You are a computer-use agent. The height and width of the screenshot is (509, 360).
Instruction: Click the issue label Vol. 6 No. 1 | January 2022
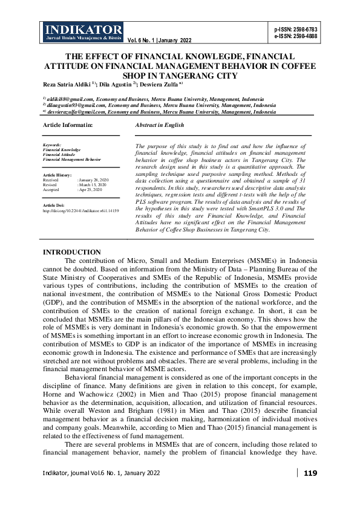(160, 41)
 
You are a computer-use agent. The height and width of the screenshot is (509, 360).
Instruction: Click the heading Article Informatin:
(68, 125)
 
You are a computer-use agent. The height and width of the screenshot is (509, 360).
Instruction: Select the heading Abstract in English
(160, 125)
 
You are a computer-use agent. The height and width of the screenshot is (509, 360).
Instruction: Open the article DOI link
(81, 211)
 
